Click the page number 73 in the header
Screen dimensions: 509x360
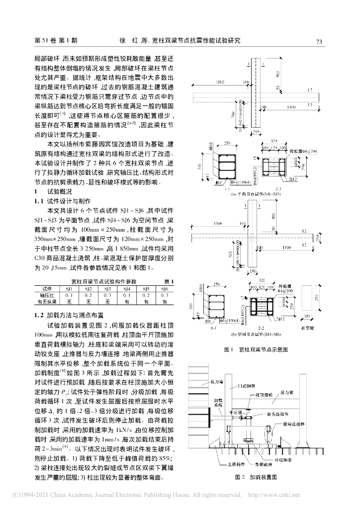point(320,41)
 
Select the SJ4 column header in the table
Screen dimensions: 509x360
point(126,289)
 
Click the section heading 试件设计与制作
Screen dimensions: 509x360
point(69,202)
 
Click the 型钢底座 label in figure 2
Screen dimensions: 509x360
point(264,464)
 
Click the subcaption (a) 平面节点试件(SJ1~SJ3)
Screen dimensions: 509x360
point(255,194)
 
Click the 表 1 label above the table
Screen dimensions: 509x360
point(168,282)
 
